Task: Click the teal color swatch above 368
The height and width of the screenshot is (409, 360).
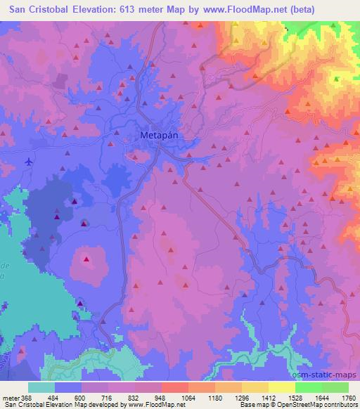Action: point(40,387)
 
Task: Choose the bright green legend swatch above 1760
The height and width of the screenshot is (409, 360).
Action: point(335,387)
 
